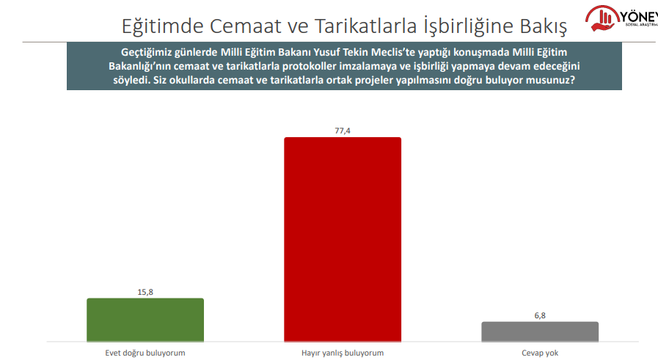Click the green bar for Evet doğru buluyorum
pos(145,320)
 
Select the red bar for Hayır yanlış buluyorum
pos(343,239)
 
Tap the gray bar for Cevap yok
pos(540,331)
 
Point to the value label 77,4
pos(343,131)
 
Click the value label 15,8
pos(145,292)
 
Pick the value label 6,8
pos(540,315)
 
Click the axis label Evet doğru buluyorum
pos(145,353)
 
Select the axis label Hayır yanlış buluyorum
pos(343,353)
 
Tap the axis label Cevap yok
pos(540,353)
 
